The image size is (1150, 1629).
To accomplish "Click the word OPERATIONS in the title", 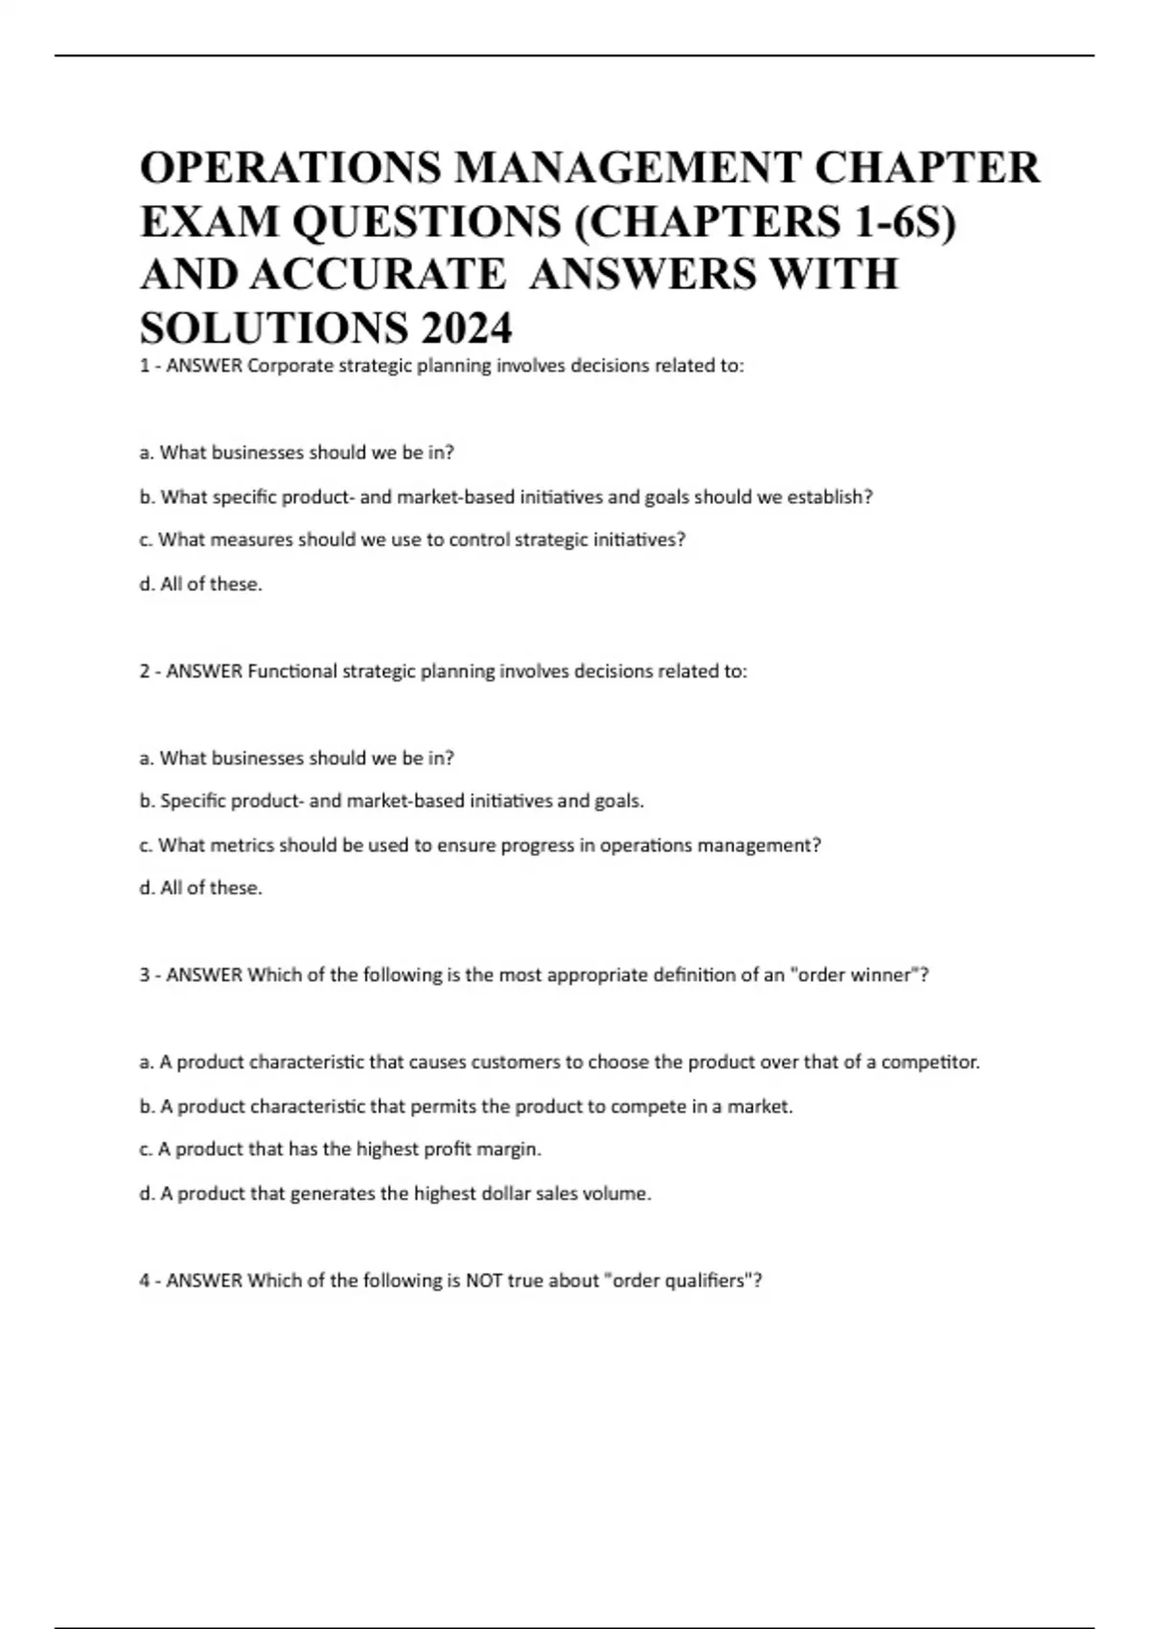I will point(289,168).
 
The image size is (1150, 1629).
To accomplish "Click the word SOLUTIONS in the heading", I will point(273,329).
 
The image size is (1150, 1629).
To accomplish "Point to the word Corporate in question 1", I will point(290,366).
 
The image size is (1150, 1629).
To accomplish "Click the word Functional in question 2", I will point(291,672).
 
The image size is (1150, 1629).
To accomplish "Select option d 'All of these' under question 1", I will point(200,585).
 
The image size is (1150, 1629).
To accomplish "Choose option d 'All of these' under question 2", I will point(200,888).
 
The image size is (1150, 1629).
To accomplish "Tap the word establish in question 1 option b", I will point(827,497).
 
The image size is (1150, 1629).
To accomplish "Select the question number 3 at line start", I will point(145,975).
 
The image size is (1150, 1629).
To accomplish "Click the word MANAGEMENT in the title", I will point(628,168).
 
